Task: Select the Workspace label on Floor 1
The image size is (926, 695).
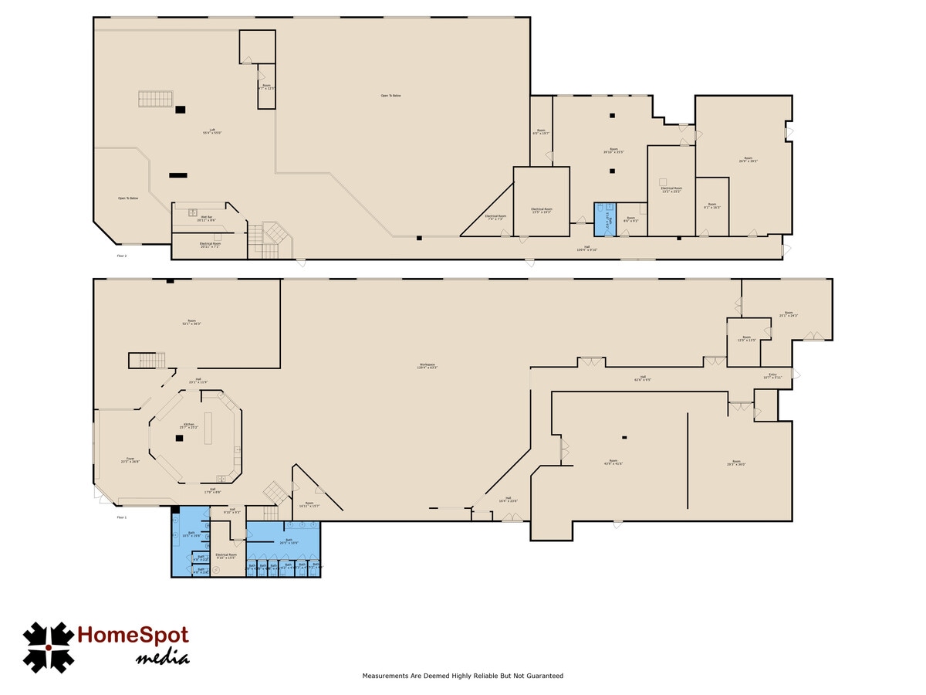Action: pos(428,366)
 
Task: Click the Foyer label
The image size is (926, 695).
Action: pos(130,460)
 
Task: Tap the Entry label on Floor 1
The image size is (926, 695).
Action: pos(772,376)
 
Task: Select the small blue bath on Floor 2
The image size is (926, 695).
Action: pos(603,219)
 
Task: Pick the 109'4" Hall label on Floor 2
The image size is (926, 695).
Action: pos(587,249)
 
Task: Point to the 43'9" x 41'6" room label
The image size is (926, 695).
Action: pos(613,463)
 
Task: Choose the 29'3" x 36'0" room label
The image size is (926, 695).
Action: pos(735,463)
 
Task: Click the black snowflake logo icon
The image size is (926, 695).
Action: pos(48,647)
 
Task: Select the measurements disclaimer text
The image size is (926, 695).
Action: pos(463,676)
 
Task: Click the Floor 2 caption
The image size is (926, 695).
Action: pos(121,255)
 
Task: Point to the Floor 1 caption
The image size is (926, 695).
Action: pos(121,517)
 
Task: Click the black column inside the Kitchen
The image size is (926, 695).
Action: pos(179,438)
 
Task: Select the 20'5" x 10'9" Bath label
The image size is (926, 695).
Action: pos(289,541)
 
